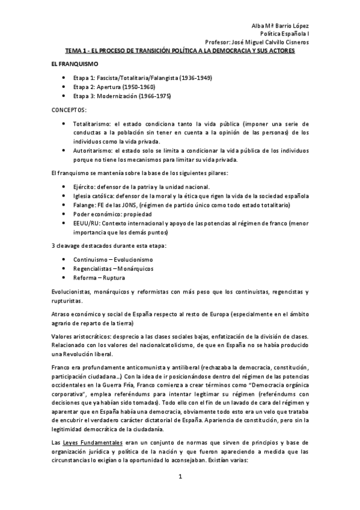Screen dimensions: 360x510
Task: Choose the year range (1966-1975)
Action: click(x=147, y=96)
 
